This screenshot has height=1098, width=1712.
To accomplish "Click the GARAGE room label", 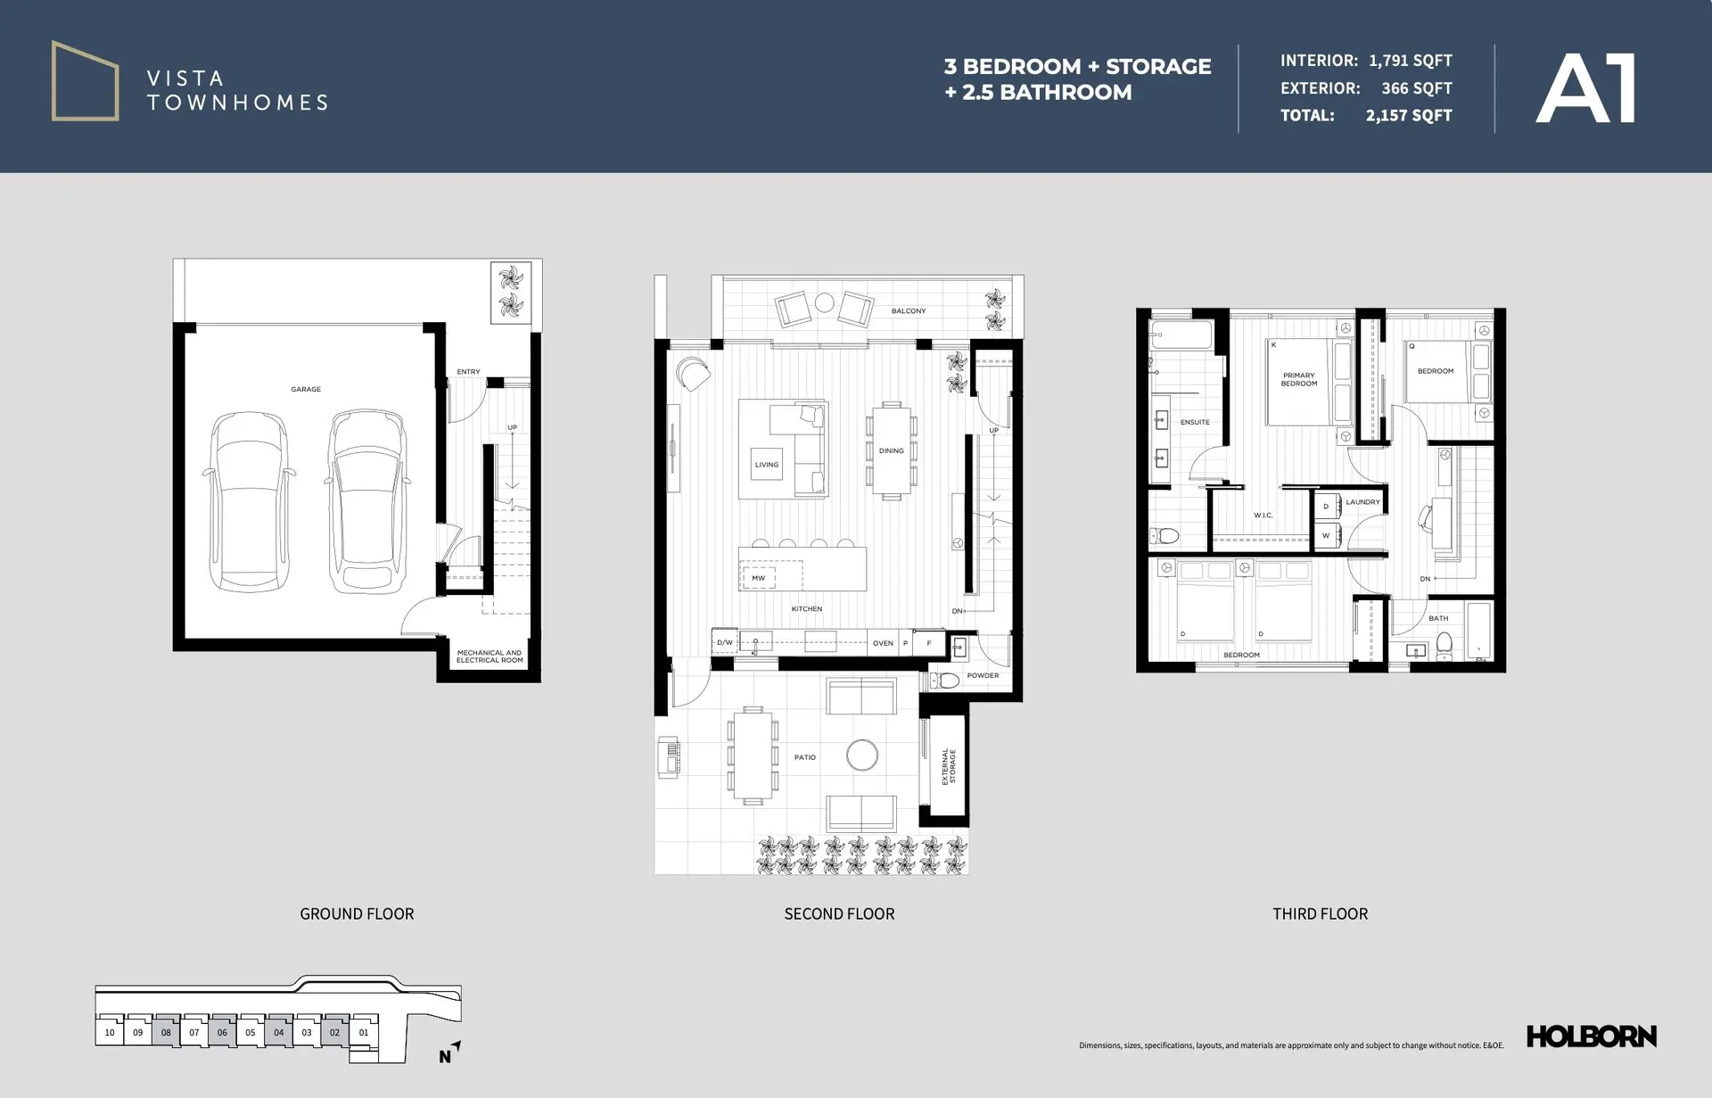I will pos(306,390).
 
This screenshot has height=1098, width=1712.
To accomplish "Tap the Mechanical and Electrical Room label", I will pos(490,656).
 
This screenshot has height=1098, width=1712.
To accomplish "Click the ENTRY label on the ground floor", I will pos(468,372).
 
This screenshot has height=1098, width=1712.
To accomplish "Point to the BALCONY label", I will pos(908,311).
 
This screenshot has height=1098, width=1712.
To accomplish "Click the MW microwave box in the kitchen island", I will pos(758,578).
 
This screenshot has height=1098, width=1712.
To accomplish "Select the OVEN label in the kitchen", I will pos(883,643).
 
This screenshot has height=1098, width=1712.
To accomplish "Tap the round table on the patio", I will pos(861,755).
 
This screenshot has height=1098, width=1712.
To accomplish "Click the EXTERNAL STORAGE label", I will pos(949,766).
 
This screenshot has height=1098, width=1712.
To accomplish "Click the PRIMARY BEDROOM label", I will pos(1298,380).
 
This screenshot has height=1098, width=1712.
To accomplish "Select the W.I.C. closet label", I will pos(1263,516).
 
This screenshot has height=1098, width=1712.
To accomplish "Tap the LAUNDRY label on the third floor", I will pos(1362,502).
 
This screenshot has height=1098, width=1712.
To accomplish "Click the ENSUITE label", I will pos(1195,422).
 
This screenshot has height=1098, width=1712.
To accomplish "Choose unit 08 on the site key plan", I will pos(166,1033).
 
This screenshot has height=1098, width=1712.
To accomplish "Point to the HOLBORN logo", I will pos(1591,1036).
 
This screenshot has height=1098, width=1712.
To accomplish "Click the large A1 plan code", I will pos(1585,89).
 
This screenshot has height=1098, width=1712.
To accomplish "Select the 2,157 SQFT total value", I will pos(1408,116).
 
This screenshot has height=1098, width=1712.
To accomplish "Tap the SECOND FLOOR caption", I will pos(839,913).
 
